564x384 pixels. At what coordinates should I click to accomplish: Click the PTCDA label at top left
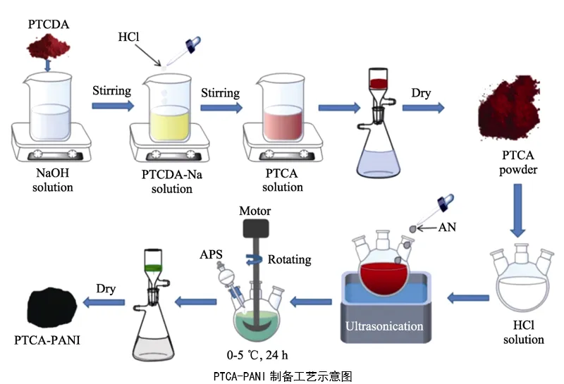point(49,25)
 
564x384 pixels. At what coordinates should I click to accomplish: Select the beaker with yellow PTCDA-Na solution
point(169,113)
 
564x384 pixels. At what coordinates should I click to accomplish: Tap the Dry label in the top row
point(422,92)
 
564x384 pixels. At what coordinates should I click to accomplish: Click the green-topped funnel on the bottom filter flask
point(150,268)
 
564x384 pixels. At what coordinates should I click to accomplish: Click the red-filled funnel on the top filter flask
point(379,85)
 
